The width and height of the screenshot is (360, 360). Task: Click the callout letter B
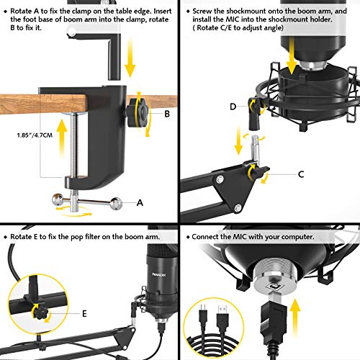167,113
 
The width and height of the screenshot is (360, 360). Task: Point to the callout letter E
86,314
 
